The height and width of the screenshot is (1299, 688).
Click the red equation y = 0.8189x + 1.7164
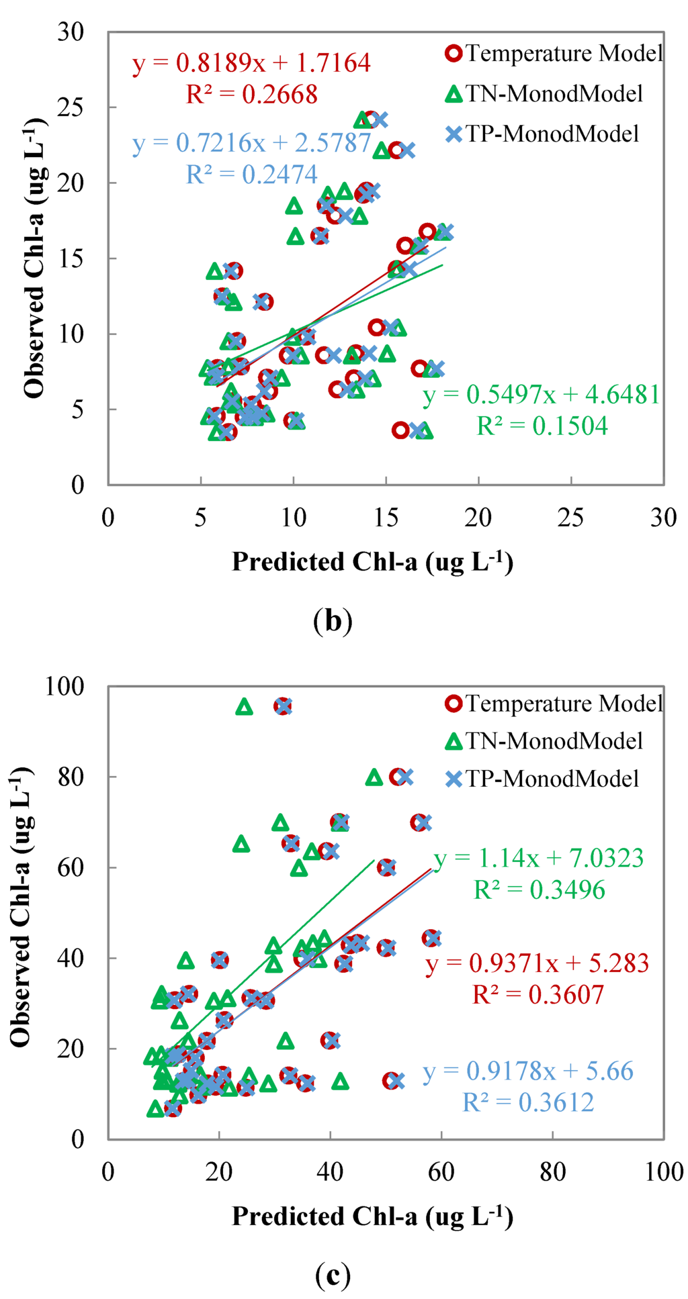[x=251, y=63]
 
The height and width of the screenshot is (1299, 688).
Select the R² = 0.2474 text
[x=251, y=175]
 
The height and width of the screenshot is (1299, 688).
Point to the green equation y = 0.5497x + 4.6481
[x=542, y=395]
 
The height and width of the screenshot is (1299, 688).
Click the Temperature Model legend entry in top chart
[x=554, y=53]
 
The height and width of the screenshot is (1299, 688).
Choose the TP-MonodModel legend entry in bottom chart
[x=543, y=778]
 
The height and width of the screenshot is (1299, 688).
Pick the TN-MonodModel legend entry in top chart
[x=544, y=93]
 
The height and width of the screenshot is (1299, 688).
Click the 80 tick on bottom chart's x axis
[x=552, y=1171]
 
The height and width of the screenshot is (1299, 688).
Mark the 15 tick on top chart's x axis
[x=386, y=518]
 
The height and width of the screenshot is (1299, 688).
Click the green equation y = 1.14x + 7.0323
[x=538, y=858]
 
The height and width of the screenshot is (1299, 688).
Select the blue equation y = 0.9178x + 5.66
[x=528, y=1071]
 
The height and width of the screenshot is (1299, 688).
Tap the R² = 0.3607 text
[x=538, y=994]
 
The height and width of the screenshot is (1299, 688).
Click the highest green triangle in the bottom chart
[x=244, y=707]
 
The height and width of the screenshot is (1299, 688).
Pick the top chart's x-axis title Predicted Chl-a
[x=372, y=562]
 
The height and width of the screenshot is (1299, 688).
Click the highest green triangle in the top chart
[x=362, y=120]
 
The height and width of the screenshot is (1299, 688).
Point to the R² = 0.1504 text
[x=542, y=426]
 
